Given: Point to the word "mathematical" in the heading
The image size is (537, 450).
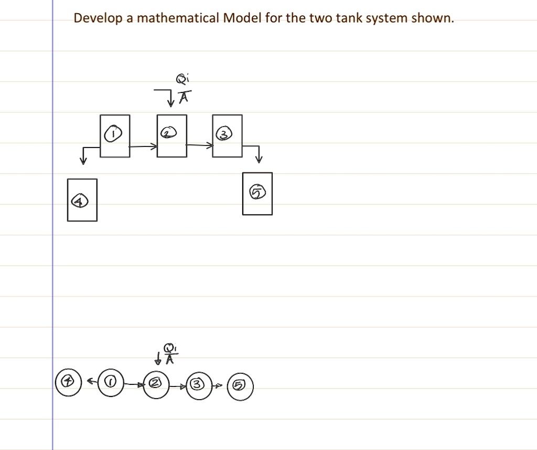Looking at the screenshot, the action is (178, 18).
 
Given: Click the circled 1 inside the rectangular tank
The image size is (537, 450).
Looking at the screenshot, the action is (113, 133).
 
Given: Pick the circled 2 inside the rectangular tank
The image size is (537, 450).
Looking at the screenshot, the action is (169, 132).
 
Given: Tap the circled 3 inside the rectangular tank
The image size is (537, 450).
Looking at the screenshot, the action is (224, 134).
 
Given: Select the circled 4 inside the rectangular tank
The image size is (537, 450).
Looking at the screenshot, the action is (80, 201).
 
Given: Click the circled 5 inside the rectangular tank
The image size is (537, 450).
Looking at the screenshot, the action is (257, 192).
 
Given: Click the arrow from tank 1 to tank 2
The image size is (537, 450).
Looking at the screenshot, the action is (143, 146).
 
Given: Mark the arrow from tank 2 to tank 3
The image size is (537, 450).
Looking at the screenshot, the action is (200, 145).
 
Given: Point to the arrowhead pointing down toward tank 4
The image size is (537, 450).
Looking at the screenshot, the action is (83, 160).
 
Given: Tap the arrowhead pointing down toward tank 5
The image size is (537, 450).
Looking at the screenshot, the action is (259, 159).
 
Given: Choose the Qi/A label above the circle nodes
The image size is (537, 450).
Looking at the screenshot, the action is (170, 353).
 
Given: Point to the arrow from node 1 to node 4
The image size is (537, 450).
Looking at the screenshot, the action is (92, 381).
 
